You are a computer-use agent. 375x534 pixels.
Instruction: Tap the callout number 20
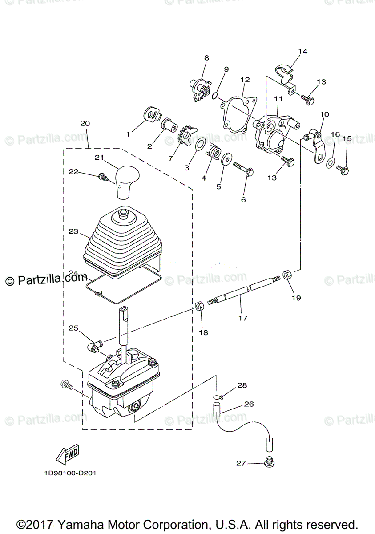(85, 123)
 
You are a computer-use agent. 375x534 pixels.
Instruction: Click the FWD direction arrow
(67, 453)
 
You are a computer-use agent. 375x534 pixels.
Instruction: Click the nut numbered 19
(287, 275)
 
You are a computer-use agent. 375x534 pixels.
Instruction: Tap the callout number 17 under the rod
(243, 318)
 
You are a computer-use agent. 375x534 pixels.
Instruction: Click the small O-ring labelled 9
(215, 95)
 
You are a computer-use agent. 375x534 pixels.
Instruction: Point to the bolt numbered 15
(343, 169)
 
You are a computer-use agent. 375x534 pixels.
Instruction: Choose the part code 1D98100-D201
(70, 473)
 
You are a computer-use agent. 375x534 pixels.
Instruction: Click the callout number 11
(278, 98)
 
